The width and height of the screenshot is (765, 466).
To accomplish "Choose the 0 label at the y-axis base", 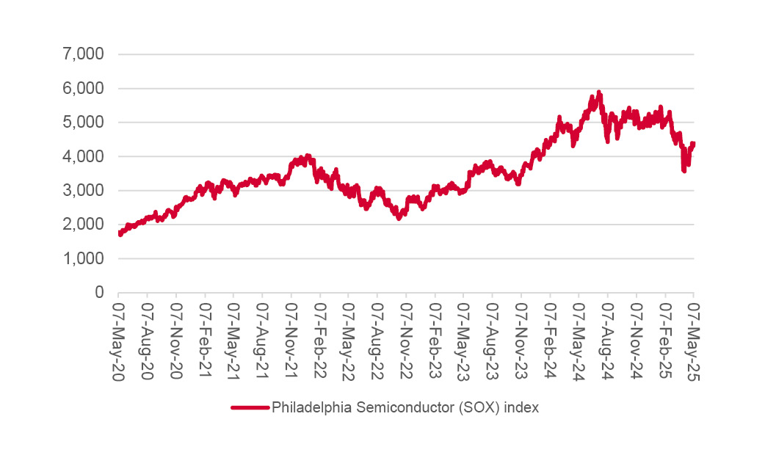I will pyautogui.click(x=99, y=293).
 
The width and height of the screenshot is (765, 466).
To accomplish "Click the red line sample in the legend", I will pyautogui.click(x=250, y=408).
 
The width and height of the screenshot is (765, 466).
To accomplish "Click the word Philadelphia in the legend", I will pyautogui.click(x=306, y=408).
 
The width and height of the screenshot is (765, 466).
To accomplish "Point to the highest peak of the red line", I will pyautogui.click(x=599, y=92).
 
